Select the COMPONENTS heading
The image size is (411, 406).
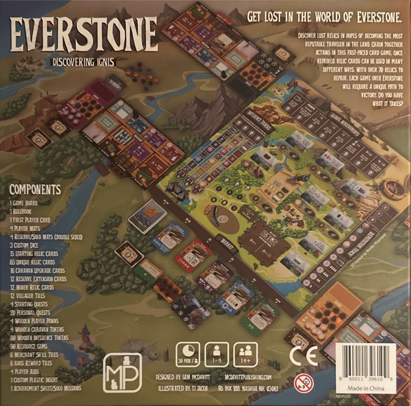click(35, 190)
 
